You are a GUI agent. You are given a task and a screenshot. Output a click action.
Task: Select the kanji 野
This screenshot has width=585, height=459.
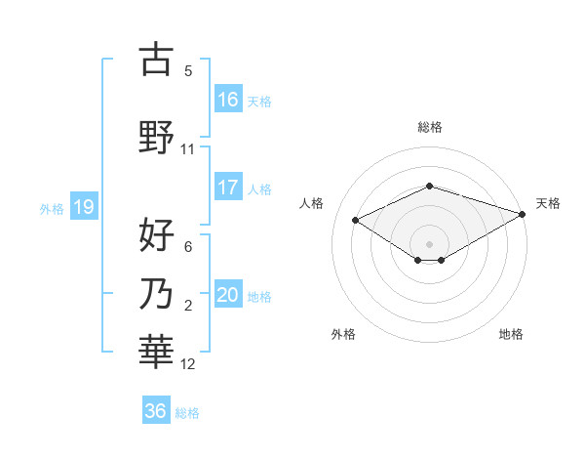click(x=156, y=139)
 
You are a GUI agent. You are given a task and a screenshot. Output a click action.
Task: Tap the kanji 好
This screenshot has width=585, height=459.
click(x=156, y=235)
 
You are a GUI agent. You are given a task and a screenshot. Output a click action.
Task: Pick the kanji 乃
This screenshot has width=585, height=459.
click(x=156, y=294)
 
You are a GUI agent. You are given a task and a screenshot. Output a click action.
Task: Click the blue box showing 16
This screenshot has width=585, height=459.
click(x=228, y=99)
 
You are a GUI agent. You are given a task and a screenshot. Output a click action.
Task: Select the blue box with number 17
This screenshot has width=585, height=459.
click(x=228, y=188)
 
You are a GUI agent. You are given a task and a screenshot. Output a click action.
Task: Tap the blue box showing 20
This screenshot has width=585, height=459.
click(x=228, y=295)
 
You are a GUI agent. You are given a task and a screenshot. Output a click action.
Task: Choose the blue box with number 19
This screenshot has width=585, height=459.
click(x=83, y=207)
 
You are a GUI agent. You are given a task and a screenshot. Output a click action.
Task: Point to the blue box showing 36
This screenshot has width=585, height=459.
click(x=156, y=411)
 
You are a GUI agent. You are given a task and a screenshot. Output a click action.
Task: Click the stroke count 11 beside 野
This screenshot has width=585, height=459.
click(x=188, y=149)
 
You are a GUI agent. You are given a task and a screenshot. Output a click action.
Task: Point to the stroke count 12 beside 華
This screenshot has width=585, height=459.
click(x=188, y=364)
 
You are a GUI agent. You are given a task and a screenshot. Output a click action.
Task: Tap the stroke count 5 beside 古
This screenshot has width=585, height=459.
click(x=188, y=70)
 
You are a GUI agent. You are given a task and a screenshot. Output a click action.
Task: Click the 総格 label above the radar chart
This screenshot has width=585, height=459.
click(x=429, y=127)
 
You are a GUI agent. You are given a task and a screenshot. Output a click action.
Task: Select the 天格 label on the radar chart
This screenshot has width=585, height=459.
click(x=548, y=203)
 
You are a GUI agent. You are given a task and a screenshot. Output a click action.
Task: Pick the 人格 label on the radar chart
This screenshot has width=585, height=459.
click(x=311, y=203)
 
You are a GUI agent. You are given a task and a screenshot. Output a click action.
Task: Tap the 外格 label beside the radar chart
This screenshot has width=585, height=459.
click(x=343, y=334)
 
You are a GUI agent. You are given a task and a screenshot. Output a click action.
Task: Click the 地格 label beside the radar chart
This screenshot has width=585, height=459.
click(x=511, y=334)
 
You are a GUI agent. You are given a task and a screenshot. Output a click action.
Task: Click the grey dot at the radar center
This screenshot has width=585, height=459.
click(x=429, y=243)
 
